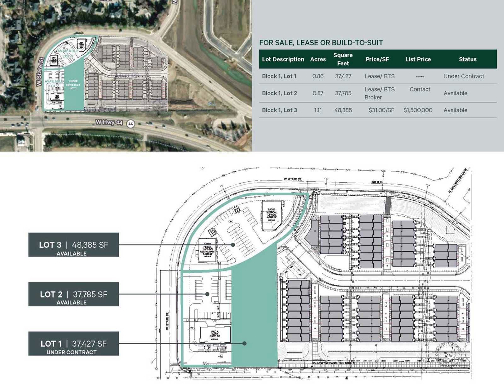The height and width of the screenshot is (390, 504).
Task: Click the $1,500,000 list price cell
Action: (x=418, y=110)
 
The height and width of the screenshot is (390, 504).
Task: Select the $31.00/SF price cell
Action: (x=381, y=110)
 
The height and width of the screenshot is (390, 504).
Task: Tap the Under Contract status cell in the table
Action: (x=464, y=76)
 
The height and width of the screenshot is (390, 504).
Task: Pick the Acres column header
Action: (x=318, y=59)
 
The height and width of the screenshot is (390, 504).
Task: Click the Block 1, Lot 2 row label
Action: (x=279, y=93)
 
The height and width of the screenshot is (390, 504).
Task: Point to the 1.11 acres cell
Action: (x=318, y=110)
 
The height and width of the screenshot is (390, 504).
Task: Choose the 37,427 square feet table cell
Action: (x=343, y=76)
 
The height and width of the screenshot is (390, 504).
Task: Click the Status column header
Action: (x=467, y=59)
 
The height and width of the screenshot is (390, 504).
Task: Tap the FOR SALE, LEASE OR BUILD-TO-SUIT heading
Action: (x=321, y=43)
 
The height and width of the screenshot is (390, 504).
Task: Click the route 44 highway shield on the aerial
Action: (x=130, y=124)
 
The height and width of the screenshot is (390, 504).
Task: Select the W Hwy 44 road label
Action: (x=109, y=122)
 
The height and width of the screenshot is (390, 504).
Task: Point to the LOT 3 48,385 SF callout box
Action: (x=73, y=245)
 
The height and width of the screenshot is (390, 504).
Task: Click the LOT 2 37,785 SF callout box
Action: (x=73, y=294)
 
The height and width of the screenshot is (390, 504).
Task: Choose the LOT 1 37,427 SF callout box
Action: (x=73, y=343)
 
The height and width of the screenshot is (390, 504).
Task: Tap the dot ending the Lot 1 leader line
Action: (x=244, y=343)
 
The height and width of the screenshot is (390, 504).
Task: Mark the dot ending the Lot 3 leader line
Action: (x=233, y=245)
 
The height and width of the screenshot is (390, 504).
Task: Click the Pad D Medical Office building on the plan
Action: (x=272, y=215)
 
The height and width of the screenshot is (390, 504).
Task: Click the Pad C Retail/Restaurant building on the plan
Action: (x=208, y=250)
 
